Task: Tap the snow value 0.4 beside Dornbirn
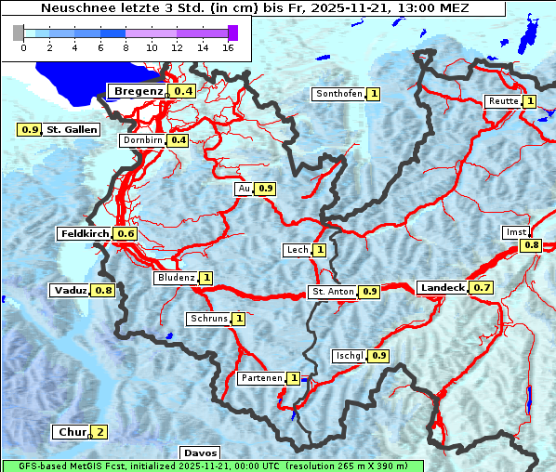point(179,140)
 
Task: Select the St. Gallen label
point(72,129)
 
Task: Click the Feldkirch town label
point(85,233)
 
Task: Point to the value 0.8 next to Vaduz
point(102,291)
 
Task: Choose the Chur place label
point(72,432)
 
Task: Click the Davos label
point(199,453)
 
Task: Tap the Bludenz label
point(176,278)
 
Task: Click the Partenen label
point(260,378)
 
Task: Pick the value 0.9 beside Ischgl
point(378,356)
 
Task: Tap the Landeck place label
point(442,288)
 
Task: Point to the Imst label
point(514,231)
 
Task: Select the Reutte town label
point(502,101)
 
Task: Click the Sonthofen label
point(338,94)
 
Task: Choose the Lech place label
point(297,250)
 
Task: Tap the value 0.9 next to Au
point(266,189)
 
